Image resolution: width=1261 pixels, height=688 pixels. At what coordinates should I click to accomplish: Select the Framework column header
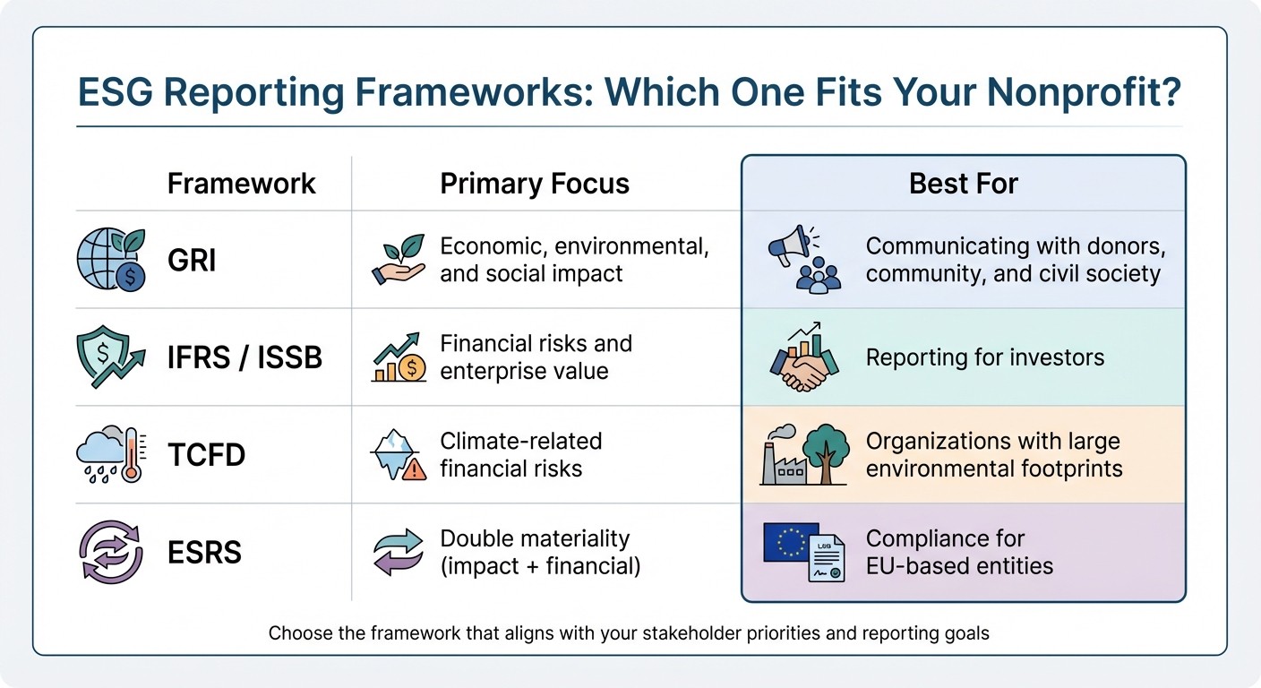pyautogui.click(x=241, y=184)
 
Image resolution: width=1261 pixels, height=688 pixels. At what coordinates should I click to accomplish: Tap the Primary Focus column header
pyautogui.click(x=535, y=184)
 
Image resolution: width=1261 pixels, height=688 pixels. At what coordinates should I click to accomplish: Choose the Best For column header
pyautogui.click(x=964, y=184)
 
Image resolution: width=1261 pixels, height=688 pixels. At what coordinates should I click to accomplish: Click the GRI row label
pyautogui.click(x=192, y=261)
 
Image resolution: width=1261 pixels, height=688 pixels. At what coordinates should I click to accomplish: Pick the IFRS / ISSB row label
pyautogui.click(x=244, y=357)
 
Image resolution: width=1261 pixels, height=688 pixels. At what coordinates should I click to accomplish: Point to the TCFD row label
pyautogui.click(x=207, y=454)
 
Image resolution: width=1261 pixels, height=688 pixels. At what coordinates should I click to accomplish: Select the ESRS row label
pyautogui.click(x=204, y=552)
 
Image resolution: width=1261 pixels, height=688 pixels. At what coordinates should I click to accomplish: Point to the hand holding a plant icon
pyautogui.click(x=399, y=261)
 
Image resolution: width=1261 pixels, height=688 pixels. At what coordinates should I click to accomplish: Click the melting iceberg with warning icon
pyautogui.click(x=399, y=455)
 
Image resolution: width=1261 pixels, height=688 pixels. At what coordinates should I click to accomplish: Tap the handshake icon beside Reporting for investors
pyautogui.click(x=803, y=365)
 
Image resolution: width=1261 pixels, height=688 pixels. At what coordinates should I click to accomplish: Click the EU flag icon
pyautogui.click(x=790, y=542)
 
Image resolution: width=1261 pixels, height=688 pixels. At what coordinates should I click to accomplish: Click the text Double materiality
pyautogui.click(x=535, y=538)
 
